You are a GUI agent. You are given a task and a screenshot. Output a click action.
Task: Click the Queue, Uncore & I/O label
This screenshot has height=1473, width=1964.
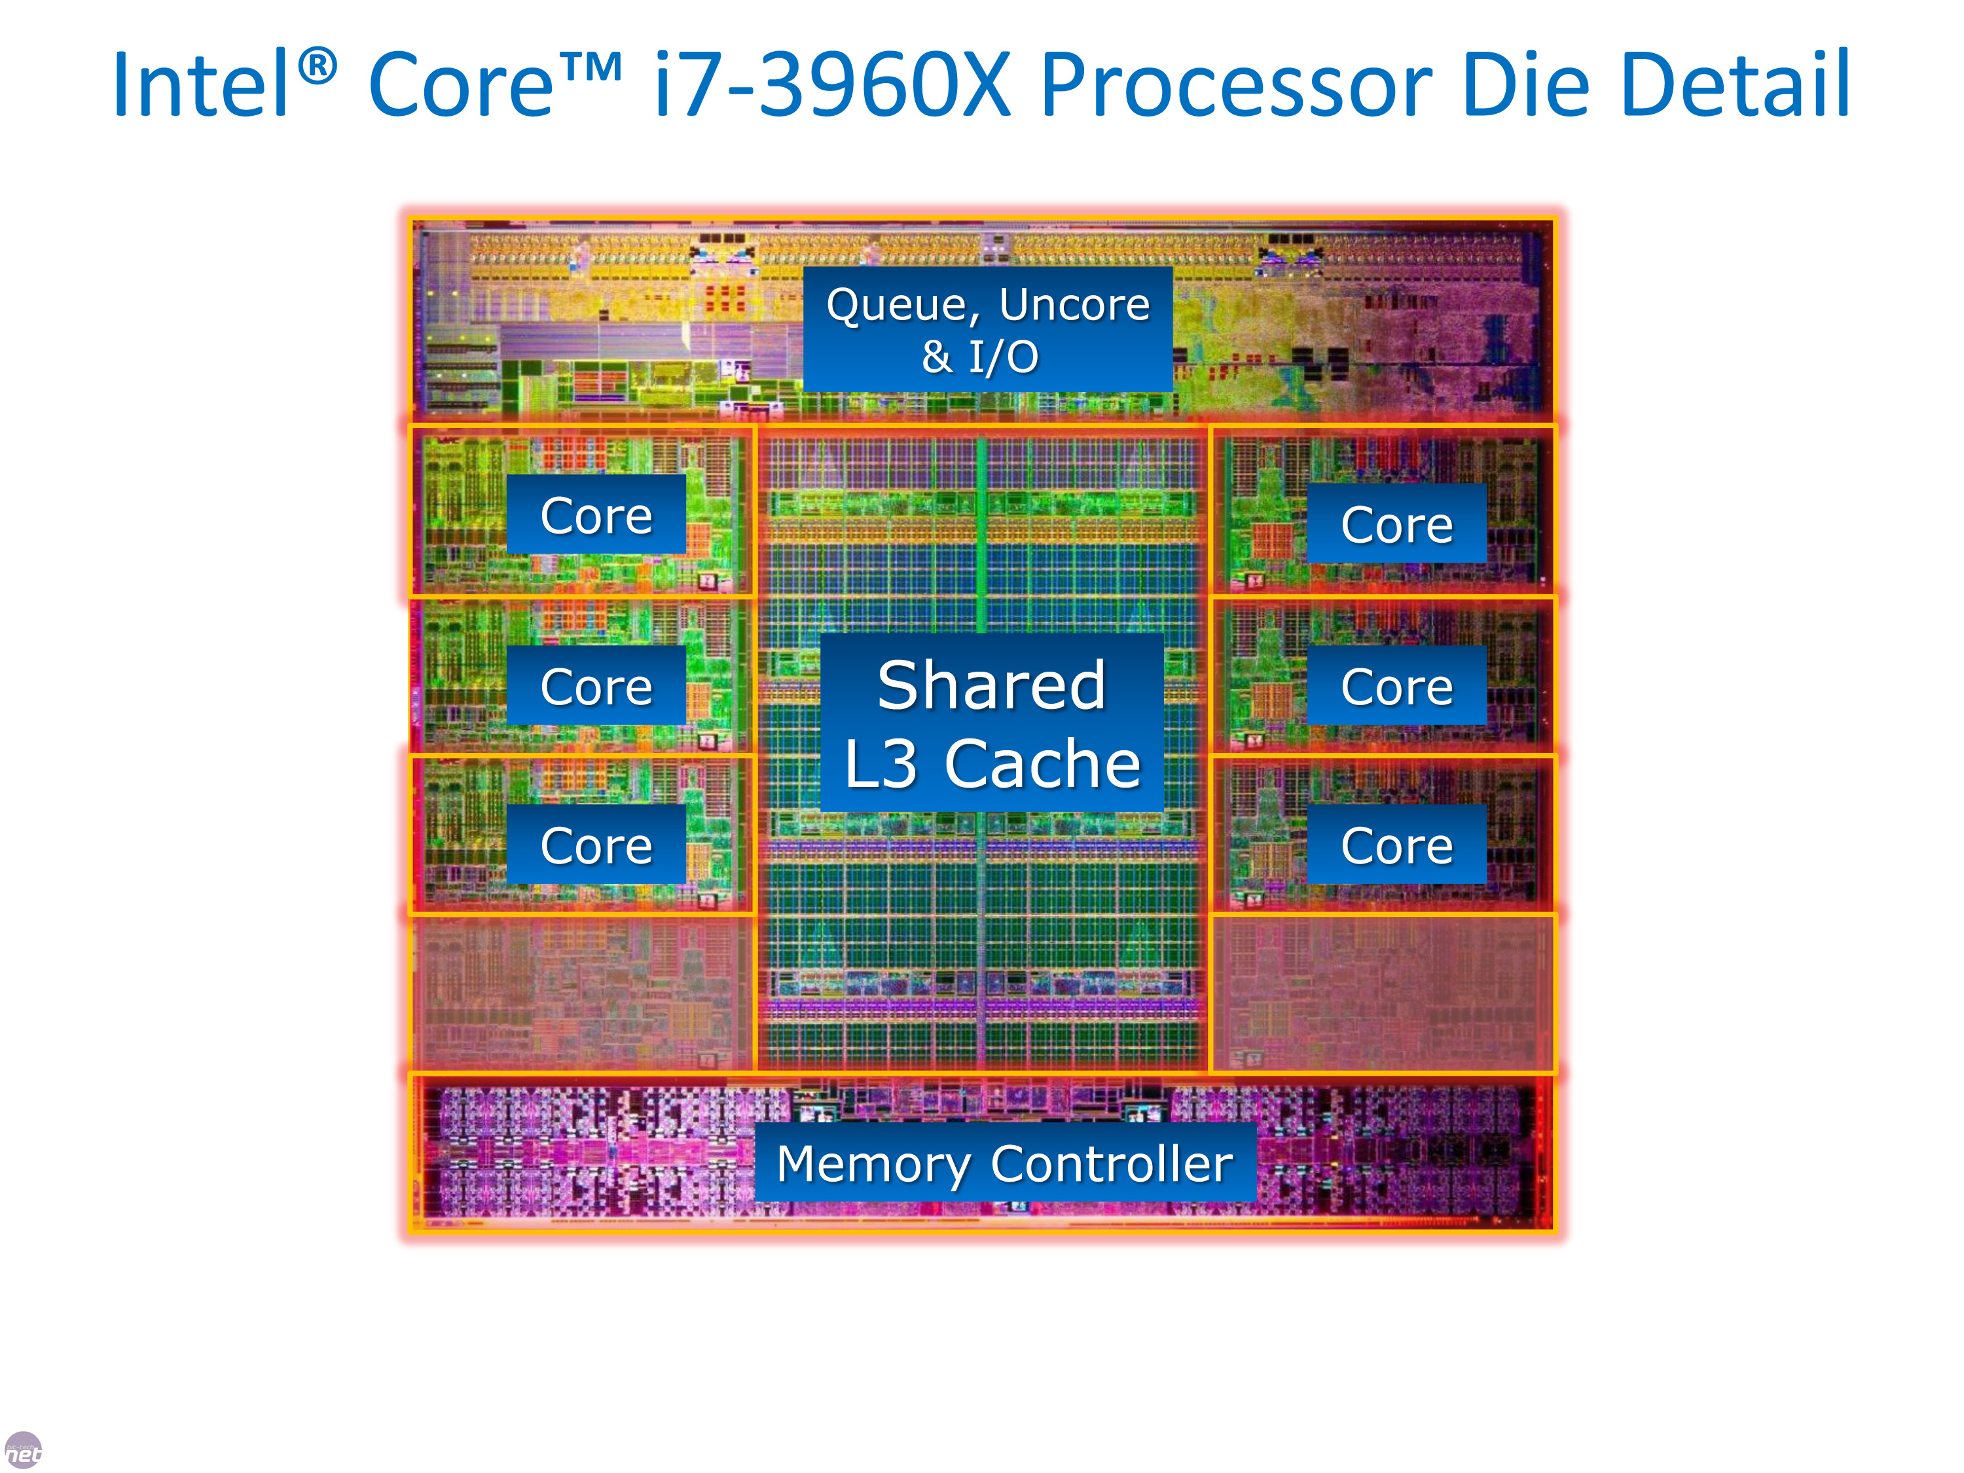click(x=987, y=329)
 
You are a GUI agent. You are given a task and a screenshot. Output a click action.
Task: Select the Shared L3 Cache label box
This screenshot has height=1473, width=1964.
click(x=992, y=722)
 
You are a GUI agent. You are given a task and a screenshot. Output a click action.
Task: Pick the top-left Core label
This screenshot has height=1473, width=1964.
click(x=596, y=515)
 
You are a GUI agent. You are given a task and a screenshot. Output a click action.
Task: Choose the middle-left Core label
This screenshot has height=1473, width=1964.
click(x=596, y=685)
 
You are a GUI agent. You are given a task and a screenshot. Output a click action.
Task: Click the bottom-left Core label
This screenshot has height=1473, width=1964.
click(x=596, y=845)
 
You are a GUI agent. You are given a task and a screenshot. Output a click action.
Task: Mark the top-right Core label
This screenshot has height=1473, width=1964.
click(x=1396, y=523)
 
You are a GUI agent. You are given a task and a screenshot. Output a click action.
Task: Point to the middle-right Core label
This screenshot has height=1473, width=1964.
click(x=1396, y=685)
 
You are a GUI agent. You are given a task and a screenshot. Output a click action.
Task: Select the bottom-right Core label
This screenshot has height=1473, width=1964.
click(x=1396, y=845)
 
